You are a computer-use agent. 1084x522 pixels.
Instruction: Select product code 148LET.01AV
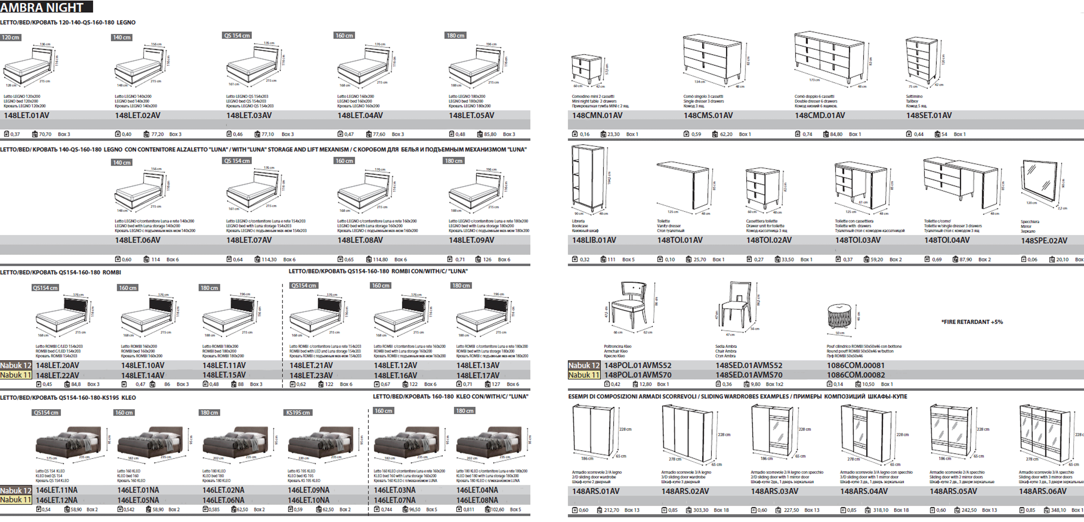point(26,115)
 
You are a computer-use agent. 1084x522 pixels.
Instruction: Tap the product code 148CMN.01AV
point(597,115)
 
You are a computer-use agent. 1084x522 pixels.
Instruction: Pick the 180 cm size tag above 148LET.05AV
point(455,36)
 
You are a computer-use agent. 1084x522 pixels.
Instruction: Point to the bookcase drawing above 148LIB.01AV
point(588,179)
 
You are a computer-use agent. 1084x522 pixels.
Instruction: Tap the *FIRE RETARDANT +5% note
point(972,322)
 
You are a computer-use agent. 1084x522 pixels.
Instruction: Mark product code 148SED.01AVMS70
point(749,375)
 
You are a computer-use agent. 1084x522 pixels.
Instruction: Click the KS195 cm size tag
point(298,413)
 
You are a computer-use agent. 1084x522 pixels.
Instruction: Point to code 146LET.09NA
point(309,490)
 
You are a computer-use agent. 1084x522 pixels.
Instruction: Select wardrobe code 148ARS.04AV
point(864,491)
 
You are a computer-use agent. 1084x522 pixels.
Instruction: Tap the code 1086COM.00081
point(856,365)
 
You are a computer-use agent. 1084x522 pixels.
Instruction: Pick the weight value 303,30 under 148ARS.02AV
point(700,510)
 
